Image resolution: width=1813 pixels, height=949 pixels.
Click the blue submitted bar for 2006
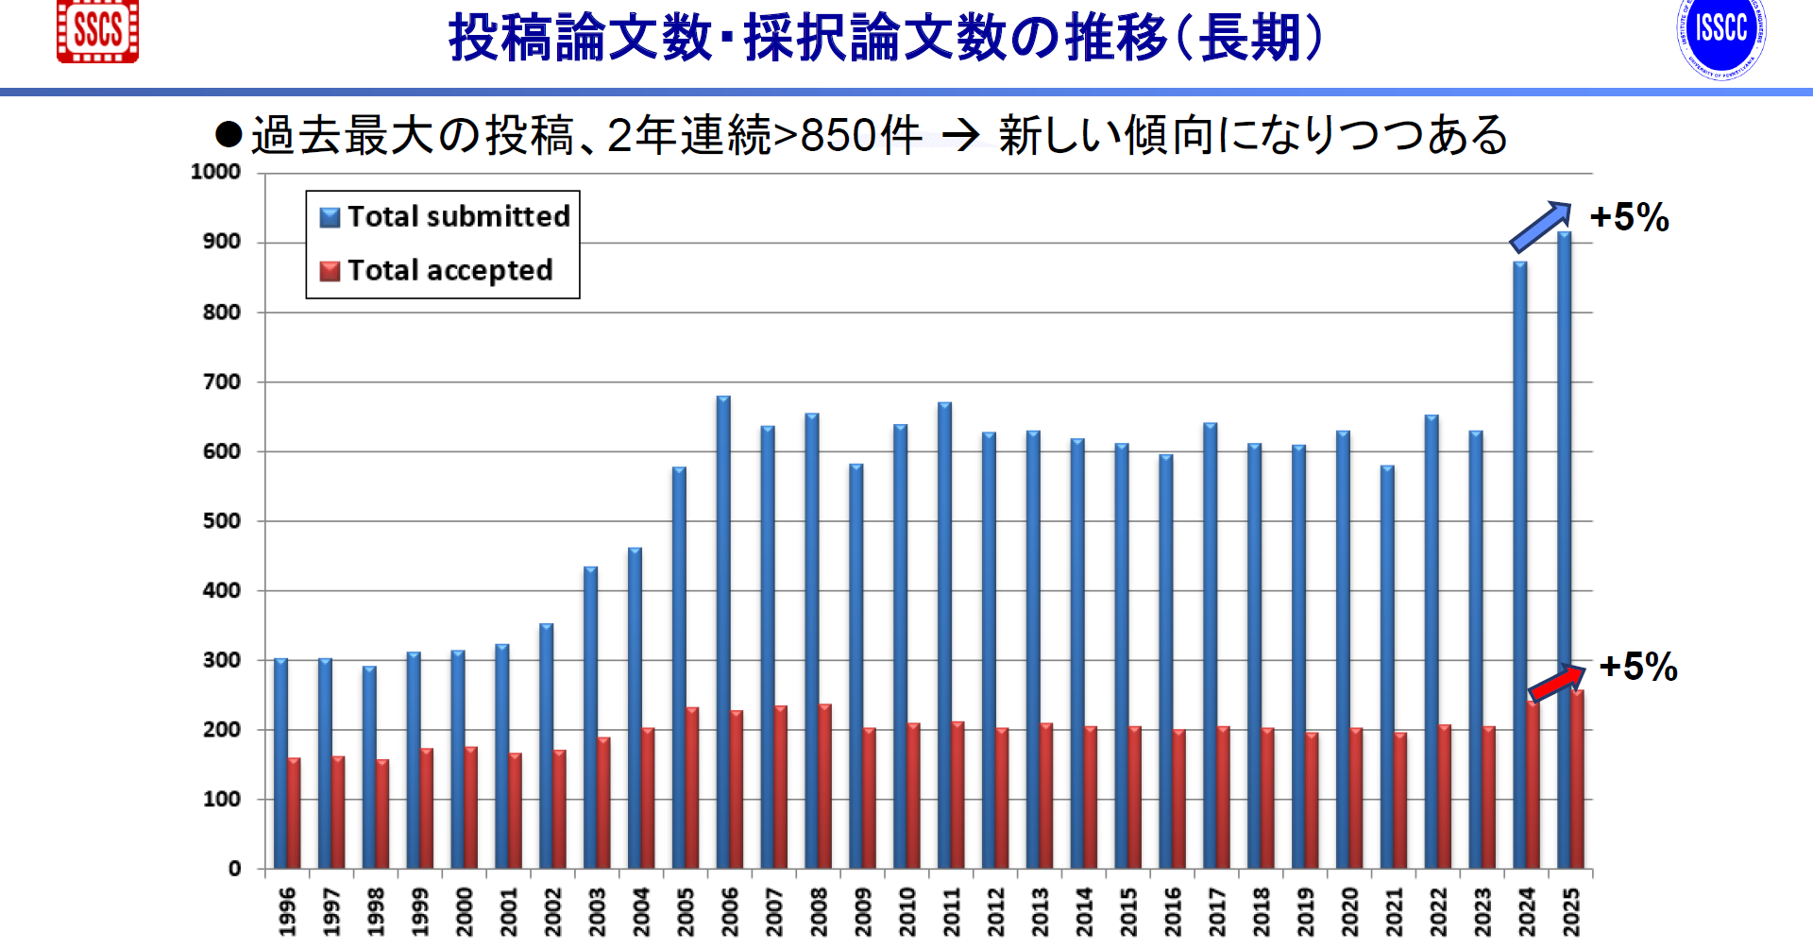click(x=723, y=633)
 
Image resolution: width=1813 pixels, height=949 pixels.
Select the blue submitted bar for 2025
click(x=1564, y=548)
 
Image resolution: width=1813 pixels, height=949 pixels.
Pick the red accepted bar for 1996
click(x=294, y=813)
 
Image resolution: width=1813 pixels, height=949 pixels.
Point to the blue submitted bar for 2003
click(x=590, y=718)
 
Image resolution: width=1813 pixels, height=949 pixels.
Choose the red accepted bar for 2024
click(x=1533, y=784)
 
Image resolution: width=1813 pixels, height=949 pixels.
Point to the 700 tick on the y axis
click(x=222, y=382)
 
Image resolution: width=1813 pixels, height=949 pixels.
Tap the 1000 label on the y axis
click(x=215, y=172)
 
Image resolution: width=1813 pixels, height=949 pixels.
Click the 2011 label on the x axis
click(x=951, y=911)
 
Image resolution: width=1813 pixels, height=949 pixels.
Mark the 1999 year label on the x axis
click(x=420, y=911)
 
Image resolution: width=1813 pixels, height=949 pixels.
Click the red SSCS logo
click(x=97, y=31)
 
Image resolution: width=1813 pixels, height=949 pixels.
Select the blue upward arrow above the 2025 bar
click(x=1540, y=227)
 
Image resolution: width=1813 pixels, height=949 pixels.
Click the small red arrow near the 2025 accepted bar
click(x=1557, y=683)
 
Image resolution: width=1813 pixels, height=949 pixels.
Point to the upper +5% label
click(x=1629, y=218)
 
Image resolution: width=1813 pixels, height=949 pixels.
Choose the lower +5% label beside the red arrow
click(x=1638, y=668)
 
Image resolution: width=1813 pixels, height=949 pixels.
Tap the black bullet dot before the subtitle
click(x=229, y=134)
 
